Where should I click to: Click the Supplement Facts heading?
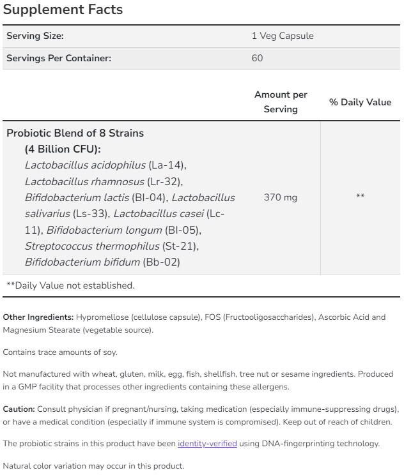pos(63,10)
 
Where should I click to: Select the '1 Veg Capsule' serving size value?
pos(283,36)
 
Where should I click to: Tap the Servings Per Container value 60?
pos(258,58)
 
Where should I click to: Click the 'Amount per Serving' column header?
pos(281,102)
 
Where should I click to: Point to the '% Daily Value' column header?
pos(360,102)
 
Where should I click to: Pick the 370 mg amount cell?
pos(280,197)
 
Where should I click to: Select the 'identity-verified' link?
pos(207,444)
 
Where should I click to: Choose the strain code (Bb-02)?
pos(161,262)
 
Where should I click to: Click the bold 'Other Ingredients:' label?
pos(38,317)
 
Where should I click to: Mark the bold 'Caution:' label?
pos(19,409)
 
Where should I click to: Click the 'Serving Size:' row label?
pos(35,36)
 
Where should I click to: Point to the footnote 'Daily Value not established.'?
pos(72,285)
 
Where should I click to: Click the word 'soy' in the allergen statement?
pos(110,352)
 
